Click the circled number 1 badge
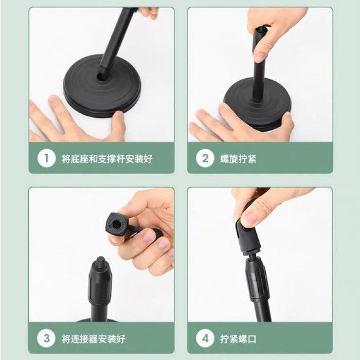[x=46, y=158]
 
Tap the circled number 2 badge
[x=205, y=158]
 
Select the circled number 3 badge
[x=46, y=338]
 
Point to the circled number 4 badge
[x=205, y=338]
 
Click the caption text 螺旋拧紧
[x=238, y=158]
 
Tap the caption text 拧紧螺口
[x=238, y=339]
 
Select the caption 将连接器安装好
[x=94, y=339]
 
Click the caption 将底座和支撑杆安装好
[x=107, y=158]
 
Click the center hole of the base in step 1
[x=101, y=77]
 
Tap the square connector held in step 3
[x=117, y=225]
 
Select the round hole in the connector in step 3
[x=117, y=224]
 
